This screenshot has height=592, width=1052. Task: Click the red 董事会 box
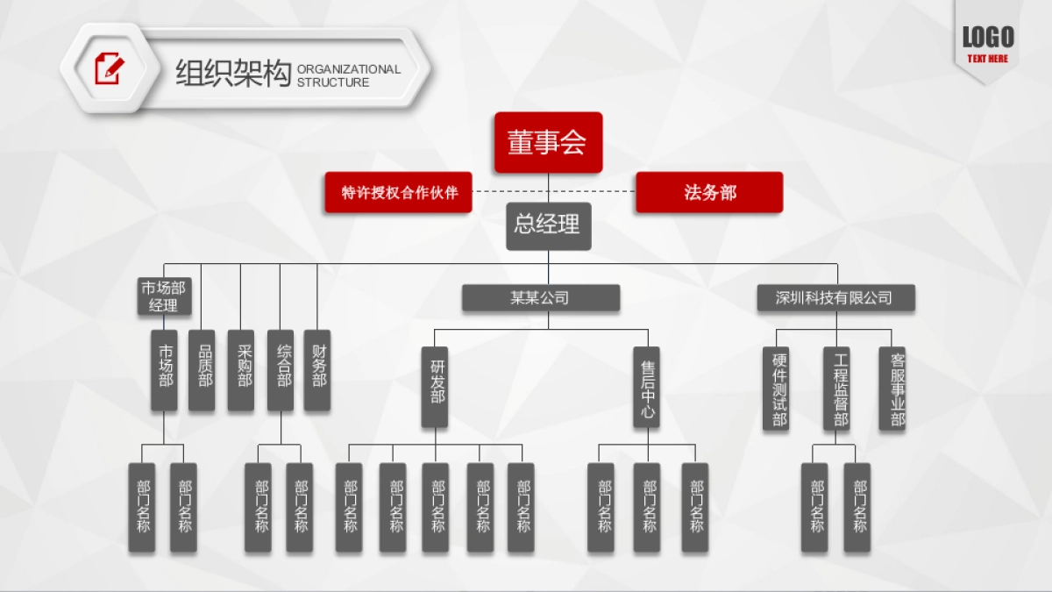pyautogui.click(x=548, y=142)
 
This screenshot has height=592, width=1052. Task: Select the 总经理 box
pyautogui.click(x=548, y=225)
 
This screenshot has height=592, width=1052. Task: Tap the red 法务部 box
pyautogui.click(x=708, y=192)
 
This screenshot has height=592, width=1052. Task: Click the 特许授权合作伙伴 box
pyautogui.click(x=398, y=192)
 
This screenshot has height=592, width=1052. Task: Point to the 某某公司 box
pyautogui.click(x=540, y=298)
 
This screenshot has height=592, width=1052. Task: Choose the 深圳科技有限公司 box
pyautogui.click(x=835, y=298)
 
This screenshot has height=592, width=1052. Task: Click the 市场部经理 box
pyautogui.click(x=164, y=296)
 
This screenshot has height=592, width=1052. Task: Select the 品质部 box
pyautogui.click(x=203, y=370)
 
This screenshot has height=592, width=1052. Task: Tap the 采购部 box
pyautogui.click(x=241, y=370)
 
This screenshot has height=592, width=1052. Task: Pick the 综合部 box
pyautogui.click(x=281, y=370)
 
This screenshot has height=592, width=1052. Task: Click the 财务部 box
pyautogui.click(x=317, y=370)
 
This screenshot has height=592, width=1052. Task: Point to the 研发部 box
pyautogui.click(x=435, y=387)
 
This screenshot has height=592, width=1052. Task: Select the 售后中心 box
pyautogui.click(x=647, y=387)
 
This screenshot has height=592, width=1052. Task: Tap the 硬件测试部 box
pyautogui.click(x=776, y=388)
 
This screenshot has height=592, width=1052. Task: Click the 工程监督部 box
pyautogui.click(x=836, y=388)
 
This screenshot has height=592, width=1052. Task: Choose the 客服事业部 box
pyautogui.click(x=892, y=388)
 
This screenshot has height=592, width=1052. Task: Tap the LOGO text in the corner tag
pyautogui.click(x=988, y=37)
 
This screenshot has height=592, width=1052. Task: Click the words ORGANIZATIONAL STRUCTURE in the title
pyautogui.click(x=348, y=75)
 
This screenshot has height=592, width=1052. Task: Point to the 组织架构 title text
pyautogui.click(x=232, y=74)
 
